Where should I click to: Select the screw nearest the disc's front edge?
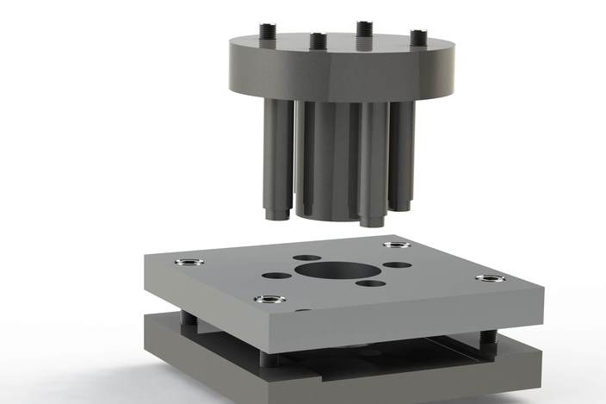pyautogui.click(x=317, y=40)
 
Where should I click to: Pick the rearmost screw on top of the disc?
pyautogui.click(x=364, y=28)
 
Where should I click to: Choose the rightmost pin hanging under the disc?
pyautogui.click(x=405, y=155)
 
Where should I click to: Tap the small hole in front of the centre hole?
pyautogui.click(x=371, y=283)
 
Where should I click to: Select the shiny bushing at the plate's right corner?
pyautogui.click(x=492, y=279)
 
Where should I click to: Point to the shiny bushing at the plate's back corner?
pyautogui.click(x=396, y=244)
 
